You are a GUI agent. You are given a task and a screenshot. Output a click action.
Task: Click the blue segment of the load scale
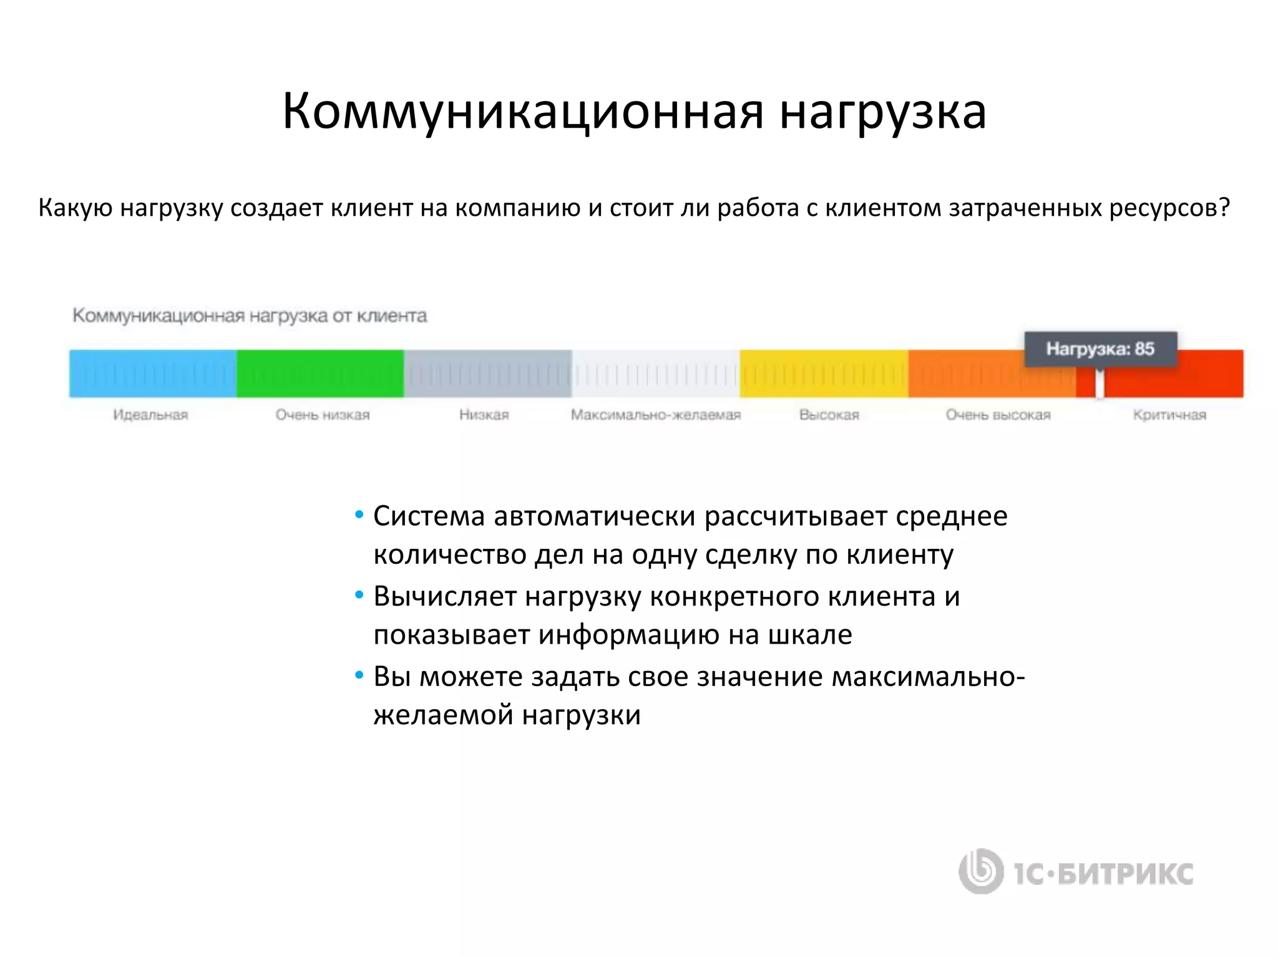point(153,374)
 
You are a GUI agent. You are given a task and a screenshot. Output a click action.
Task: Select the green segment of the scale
point(320,374)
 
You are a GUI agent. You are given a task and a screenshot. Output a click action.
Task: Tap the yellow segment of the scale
point(824,374)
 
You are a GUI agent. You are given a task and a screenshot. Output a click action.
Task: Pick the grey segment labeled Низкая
point(487,374)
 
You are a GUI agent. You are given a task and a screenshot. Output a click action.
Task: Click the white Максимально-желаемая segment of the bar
point(655,374)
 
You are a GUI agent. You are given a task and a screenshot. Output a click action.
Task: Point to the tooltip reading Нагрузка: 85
point(1100,349)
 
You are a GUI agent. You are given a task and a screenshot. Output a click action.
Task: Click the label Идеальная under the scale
point(150,415)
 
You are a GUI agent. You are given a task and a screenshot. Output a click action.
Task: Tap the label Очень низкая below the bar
point(323,415)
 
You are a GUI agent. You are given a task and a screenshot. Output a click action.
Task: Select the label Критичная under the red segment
point(1169,415)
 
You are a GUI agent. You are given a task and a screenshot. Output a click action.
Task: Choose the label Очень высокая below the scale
point(998,415)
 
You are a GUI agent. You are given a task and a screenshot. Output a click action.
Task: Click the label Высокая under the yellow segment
point(829,415)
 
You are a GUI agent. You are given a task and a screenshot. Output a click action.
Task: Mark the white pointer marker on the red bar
point(1100,384)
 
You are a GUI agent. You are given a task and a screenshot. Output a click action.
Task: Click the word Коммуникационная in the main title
point(523,112)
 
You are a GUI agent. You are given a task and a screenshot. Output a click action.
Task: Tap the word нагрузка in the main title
point(882,112)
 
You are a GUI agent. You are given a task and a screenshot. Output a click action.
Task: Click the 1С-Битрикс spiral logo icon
point(981,871)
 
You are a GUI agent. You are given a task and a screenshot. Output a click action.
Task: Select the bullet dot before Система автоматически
point(359,515)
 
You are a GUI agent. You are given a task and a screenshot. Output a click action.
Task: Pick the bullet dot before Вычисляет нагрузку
point(359,596)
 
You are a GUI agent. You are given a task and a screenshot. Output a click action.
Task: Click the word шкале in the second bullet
point(809,634)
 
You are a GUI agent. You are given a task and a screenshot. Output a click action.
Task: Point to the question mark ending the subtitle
point(1224,207)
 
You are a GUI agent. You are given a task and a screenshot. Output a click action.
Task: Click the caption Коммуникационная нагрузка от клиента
point(250,316)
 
